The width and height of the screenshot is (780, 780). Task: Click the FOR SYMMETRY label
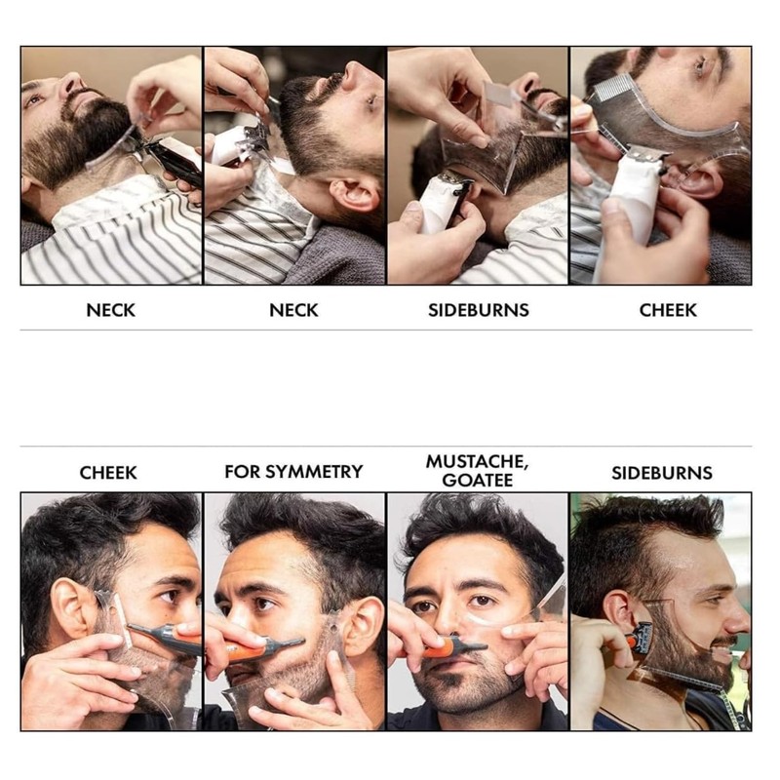point(293,472)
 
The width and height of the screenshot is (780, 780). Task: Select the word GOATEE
point(478,480)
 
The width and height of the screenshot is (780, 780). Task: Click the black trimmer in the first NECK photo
point(174,160)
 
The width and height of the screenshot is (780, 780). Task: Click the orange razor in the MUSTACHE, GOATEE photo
point(453,646)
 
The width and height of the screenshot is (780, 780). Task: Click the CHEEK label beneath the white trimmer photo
point(668,310)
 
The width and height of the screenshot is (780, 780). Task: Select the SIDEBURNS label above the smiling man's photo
point(661,473)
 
